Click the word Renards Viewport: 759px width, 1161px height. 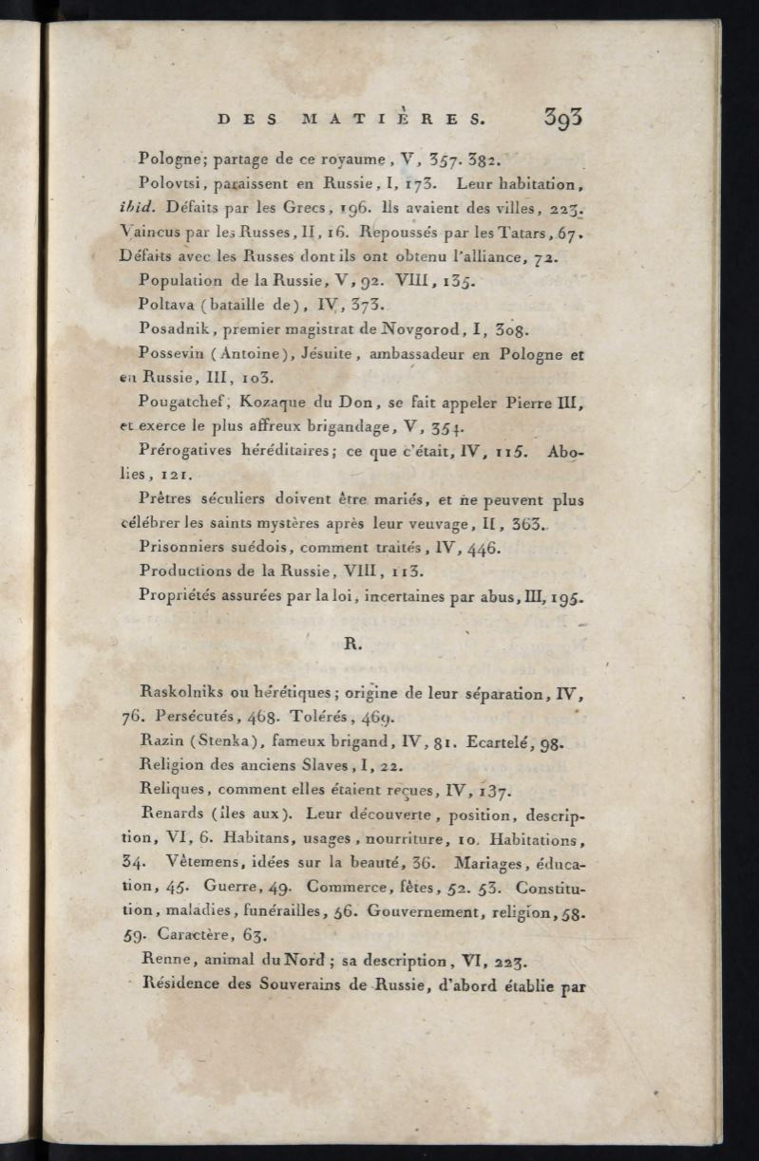point(173,814)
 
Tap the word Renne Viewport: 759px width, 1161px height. point(163,960)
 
